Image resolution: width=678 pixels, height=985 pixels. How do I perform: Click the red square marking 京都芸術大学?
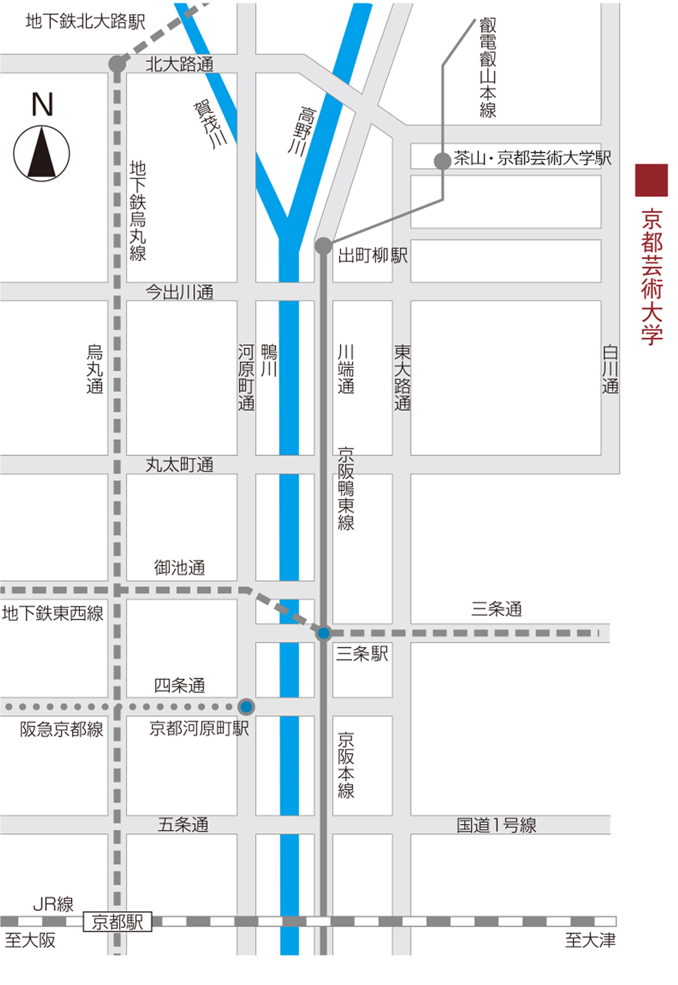[651, 180]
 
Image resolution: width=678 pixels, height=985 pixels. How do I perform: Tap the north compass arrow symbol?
[42, 153]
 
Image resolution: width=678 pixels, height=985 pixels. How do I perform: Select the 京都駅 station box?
[118, 922]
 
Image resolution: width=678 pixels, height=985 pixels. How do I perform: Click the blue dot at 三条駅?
[324, 633]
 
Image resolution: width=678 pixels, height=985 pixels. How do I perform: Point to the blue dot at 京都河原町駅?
[246, 707]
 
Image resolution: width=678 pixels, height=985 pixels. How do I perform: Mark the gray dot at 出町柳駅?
[324, 246]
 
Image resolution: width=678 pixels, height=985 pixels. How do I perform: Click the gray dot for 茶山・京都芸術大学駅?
[442, 161]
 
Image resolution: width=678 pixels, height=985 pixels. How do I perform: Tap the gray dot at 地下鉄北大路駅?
[117, 63]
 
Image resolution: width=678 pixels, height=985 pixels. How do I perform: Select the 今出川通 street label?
[180, 292]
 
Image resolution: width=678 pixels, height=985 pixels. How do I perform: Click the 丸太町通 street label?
[180, 465]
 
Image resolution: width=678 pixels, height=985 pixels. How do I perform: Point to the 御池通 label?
[180, 567]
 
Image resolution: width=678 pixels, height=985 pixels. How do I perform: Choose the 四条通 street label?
[180, 685]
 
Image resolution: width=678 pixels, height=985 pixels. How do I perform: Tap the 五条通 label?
[183, 824]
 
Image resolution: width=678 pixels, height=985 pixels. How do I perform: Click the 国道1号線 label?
[496, 825]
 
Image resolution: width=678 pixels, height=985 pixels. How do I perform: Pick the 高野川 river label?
[301, 131]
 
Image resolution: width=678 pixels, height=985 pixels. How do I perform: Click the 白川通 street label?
[610, 369]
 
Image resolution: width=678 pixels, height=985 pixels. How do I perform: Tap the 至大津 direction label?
[590, 940]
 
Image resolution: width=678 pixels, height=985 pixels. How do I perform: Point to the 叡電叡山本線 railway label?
[488, 68]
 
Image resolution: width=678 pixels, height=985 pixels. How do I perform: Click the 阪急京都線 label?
[62, 729]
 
